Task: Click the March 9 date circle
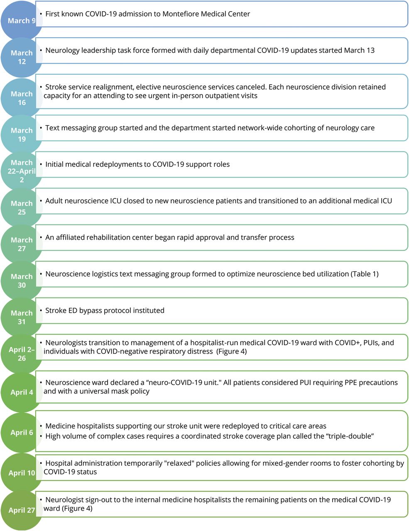click(21, 21)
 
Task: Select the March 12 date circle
click(22, 57)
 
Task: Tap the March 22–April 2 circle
click(22, 171)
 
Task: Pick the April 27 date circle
click(22, 510)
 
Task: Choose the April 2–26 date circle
click(22, 354)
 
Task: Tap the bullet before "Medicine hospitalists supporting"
click(41, 426)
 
